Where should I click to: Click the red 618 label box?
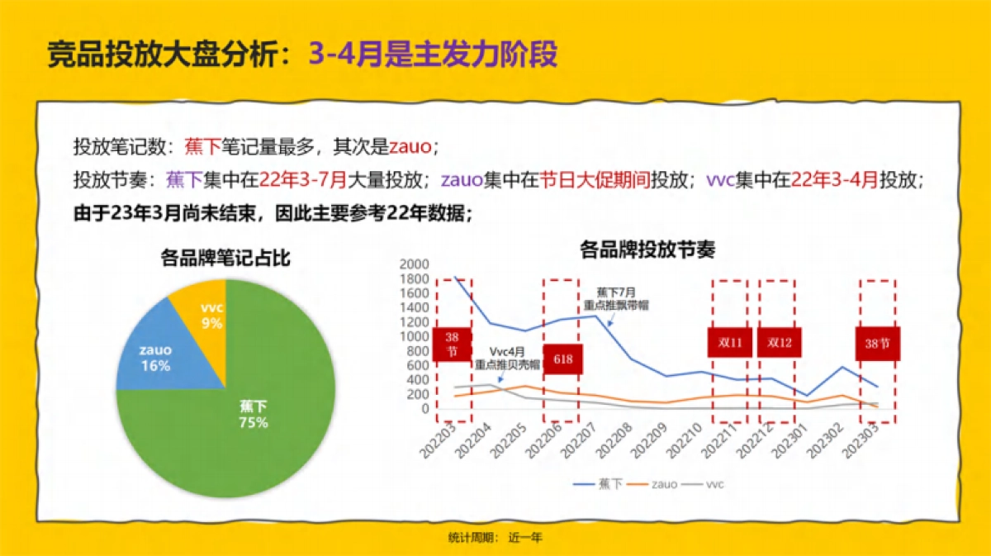(x=563, y=359)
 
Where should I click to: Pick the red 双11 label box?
(x=729, y=342)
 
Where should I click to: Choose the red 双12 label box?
(x=779, y=342)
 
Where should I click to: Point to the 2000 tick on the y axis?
(x=414, y=264)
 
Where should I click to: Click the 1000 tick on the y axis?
(x=414, y=336)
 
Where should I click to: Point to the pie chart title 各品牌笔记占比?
(x=225, y=259)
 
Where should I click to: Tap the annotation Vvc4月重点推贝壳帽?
(x=507, y=358)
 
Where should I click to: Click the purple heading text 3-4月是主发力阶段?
(x=434, y=55)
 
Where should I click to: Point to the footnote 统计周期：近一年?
(x=495, y=537)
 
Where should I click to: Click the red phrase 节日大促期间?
(x=594, y=179)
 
